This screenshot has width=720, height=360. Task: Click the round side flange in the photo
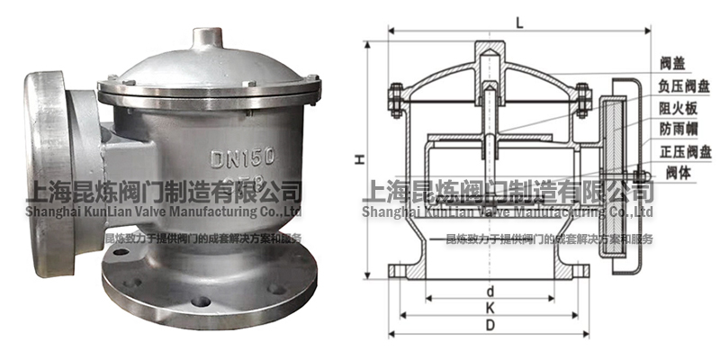[45, 157]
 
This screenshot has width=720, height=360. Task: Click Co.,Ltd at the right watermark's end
[628, 211]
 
